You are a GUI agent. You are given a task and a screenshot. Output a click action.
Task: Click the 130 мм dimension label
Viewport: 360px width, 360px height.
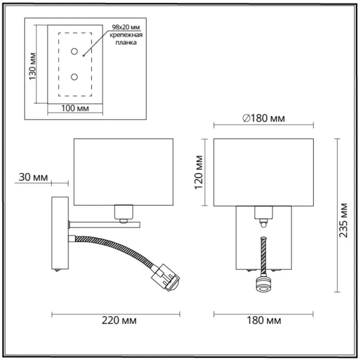pyautogui.click(x=32, y=66)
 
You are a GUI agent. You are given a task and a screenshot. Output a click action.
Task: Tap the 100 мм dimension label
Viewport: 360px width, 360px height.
pyautogui.click(x=75, y=108)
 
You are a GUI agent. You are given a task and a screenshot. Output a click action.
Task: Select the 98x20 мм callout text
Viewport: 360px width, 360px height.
pyautogui.click(x=126, y=27)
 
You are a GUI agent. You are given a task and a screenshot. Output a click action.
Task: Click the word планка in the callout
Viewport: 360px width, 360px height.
pyautogui.click(x=126, y=42)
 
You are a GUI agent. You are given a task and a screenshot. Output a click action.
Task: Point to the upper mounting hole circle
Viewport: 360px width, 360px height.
pyautogui.click(x=74, y=51)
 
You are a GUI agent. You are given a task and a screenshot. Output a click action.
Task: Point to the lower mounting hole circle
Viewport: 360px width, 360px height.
pyautogui.click(x=74, y=76)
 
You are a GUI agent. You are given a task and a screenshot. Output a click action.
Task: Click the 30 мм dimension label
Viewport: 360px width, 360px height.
pyautogui.click(x=33, y=177)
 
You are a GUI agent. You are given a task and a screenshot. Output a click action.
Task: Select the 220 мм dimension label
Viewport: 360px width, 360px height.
pyautogui.click(x=119, y=320)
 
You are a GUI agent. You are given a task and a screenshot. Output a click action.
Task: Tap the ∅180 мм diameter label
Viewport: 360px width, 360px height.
pyautogui.click(x=264, y=118)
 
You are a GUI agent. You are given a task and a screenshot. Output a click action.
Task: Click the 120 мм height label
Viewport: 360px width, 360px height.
pyautogui.click(x=199, y=172)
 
